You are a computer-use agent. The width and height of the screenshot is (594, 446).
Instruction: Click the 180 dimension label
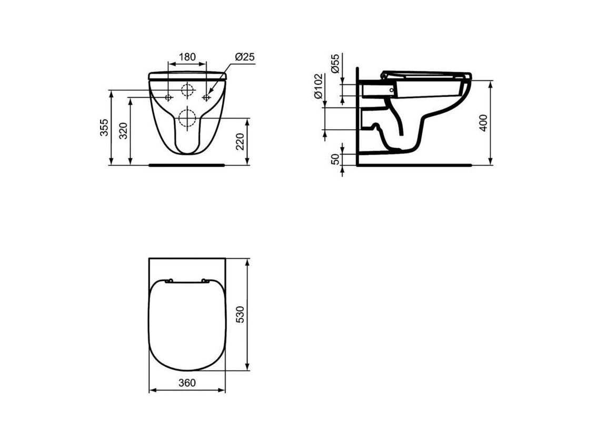click(x=187, y=57)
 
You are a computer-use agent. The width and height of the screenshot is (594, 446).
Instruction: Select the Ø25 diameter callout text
click(x=245, y=57)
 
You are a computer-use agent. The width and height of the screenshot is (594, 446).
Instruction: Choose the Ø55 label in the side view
click(x=335, y=63)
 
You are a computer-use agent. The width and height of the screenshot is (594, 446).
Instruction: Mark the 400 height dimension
click(x=483, y=122)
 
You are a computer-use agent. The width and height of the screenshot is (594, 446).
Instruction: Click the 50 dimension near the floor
click(x=335, y=159)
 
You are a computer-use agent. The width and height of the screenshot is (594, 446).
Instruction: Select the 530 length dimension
click(x=241, y=314)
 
